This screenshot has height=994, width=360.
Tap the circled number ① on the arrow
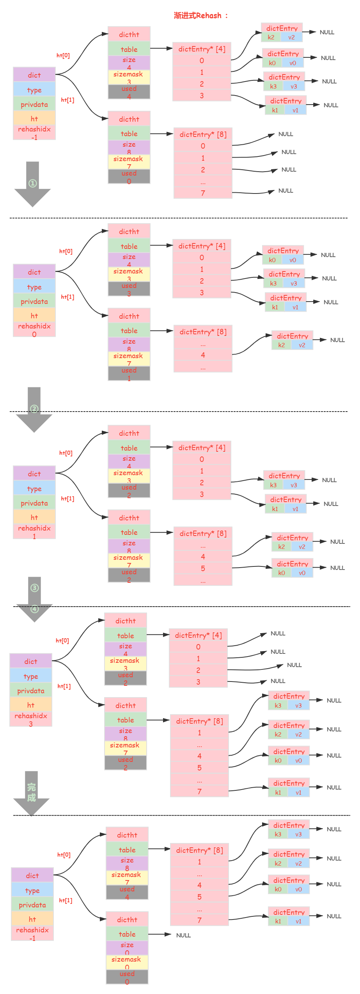point(33,183)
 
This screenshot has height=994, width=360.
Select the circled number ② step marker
point(34,409)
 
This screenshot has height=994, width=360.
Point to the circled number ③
point(35,588)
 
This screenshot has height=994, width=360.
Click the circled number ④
point(35,609)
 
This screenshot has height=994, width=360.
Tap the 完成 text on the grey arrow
point(32,792)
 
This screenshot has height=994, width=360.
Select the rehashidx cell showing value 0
point(34,330)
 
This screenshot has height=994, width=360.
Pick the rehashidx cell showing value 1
point(34,531)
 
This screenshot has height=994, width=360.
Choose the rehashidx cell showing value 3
point(31,719)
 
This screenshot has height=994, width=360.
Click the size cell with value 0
point(127,948)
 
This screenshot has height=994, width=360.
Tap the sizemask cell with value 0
point(126,963)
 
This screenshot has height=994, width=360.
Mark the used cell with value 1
point(129,374)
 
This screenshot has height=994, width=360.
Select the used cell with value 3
point(129,289)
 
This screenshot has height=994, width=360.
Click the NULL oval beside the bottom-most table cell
point(183,935)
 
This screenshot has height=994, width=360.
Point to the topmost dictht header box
point(129,34)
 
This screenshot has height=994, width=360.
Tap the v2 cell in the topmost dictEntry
point(292,37)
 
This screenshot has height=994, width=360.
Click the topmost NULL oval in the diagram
point(327,32)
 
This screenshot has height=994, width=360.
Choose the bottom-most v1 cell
point(298,921)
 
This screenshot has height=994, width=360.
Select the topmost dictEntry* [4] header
point(202,49)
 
